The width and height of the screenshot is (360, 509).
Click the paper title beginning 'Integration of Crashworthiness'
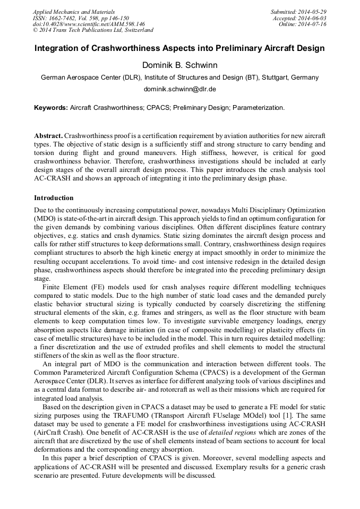coord(179,48)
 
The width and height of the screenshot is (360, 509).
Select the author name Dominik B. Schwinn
coord(179,65)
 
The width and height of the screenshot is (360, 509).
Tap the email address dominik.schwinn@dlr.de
coord(179,89)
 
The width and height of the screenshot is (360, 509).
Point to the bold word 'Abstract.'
coord(48,136)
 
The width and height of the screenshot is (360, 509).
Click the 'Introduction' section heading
coord(54,198)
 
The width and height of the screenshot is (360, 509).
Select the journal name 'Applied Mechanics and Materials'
coord(73,12)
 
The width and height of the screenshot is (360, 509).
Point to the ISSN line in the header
coord(84,18)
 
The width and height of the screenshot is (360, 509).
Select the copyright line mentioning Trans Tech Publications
coord(93,30)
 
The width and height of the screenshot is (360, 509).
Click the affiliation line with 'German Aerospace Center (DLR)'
coord(179,77)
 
